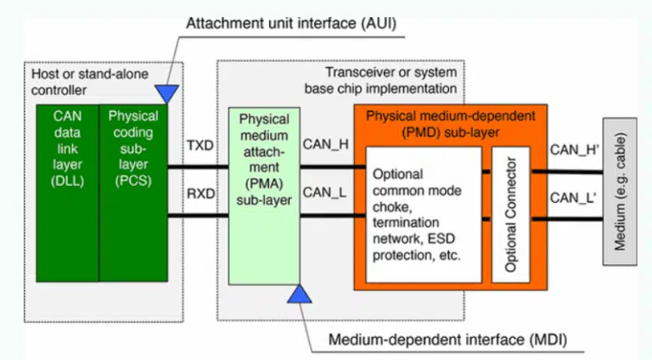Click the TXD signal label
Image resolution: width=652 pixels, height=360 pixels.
click(x=200, y=145)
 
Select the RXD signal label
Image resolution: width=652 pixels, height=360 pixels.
click(x=201, y=194)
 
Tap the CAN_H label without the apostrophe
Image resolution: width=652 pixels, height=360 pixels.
click(x=326, y=144)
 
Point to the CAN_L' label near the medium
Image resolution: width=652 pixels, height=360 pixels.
click(x=573, y=198)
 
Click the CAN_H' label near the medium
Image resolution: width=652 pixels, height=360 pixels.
click(x=575, y=149)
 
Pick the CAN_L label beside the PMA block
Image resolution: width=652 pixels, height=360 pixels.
click(x=324, y=193)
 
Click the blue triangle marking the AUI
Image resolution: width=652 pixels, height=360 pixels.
click(x=166, y=93)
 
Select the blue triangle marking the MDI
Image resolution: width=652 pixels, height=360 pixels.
click(x=300, y=294)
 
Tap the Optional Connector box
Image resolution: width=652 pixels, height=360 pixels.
click(x=510, y=215)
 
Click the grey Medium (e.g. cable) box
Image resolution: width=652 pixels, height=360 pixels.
click(x=620, y=191)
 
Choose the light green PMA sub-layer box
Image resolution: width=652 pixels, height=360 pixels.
click(x=264, y=196)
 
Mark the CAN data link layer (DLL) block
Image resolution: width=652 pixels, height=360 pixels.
click(x=67, y=194)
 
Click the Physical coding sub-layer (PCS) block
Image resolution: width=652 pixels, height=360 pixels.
click(x=133, y=194)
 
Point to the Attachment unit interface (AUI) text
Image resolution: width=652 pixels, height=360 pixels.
click(x=291, y=23)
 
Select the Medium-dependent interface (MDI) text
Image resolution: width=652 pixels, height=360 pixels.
click(x=448, y=340)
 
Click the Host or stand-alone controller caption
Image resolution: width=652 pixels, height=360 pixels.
click(x=90, y=82)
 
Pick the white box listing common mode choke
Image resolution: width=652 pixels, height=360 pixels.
click(x=424, y=215)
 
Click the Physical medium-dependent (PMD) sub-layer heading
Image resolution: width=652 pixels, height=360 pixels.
click(x=450, y=124)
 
